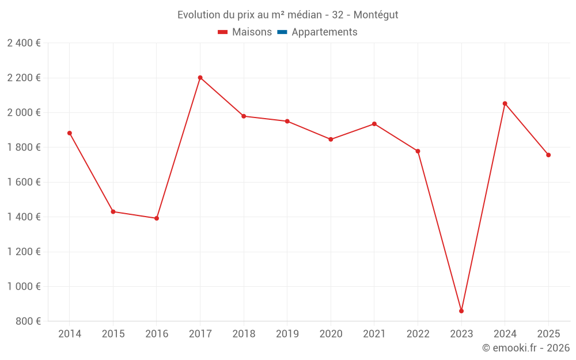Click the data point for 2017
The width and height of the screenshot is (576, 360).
[x=200, y=78]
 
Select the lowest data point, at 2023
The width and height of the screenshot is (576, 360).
[x=461, y=311]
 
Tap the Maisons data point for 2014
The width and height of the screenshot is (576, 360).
[x=70, y=133]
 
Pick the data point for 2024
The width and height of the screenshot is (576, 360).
[x=505, y=104]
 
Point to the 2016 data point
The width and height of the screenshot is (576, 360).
[x=157, y=218]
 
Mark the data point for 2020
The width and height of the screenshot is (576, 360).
[x=331, y=139]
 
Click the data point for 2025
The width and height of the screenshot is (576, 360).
[x=548, y=155]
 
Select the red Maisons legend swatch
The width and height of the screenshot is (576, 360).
[x=222, y=32]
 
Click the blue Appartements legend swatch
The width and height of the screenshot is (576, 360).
[x=282, y=32]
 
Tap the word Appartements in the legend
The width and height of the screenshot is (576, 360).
[x=324, y=32]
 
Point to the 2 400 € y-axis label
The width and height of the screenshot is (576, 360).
[x=24, y=43]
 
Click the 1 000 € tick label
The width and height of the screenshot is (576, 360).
[x=24, y=287]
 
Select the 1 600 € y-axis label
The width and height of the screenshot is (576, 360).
[x=24, y=183]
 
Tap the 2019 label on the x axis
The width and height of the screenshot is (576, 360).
[x=287, y=334]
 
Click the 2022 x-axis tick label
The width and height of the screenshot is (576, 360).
[x=418, y=334]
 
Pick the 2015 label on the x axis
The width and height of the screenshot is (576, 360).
[x=113, y=334]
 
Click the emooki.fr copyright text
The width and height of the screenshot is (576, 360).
[x=525, y=348]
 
